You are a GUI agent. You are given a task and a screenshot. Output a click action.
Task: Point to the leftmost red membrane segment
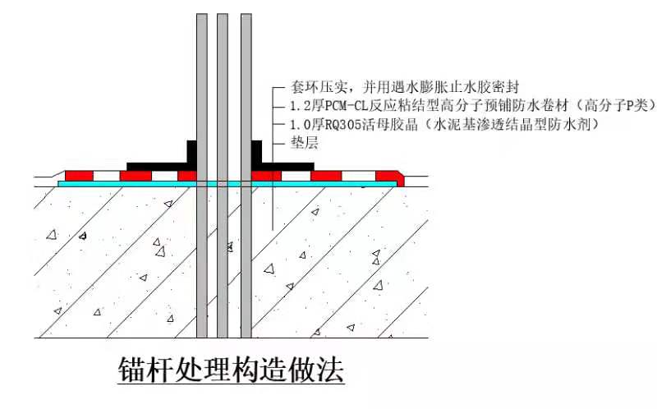tap(80, 175)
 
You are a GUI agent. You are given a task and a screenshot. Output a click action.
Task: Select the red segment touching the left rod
tap(187, 175)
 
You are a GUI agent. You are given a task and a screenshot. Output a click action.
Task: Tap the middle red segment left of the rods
tap(136, 175)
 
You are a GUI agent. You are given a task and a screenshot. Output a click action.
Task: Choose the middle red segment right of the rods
tap(326, 175)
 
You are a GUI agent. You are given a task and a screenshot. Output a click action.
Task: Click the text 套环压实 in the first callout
tap(311, 86)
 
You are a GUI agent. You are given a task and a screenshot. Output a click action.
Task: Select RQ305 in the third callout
tap(344, 125)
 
